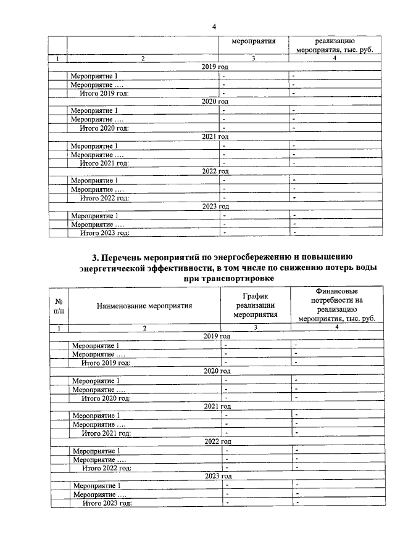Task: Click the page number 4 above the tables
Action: [x=214, y=27]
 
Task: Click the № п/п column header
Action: [x=60, y=305]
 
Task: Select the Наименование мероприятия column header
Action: [x=144, y=305]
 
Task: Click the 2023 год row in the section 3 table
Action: [x=218, y=476]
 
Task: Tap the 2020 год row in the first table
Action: [x=215, y=101]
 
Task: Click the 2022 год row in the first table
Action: [x=215, y=171]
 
